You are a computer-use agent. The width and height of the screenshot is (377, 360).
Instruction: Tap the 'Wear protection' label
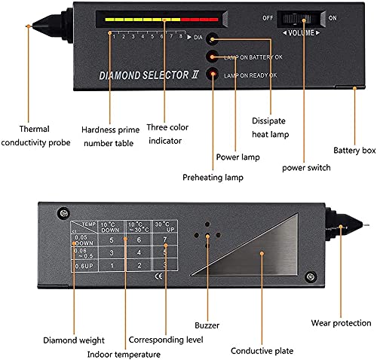341,322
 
